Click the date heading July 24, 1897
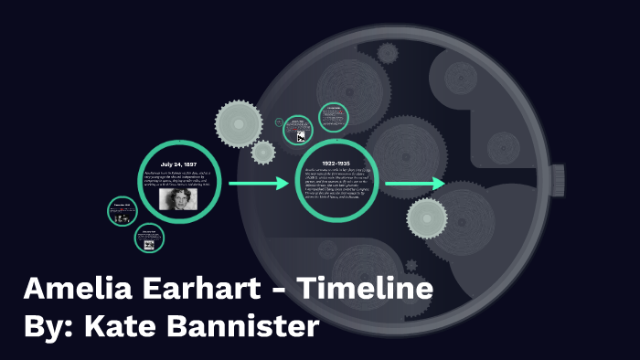coord(179,164)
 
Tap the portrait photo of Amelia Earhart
coord(179,198)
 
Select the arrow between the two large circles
coord(258,185)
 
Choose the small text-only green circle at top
coord(333,117)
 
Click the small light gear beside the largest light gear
coord(263,152)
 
